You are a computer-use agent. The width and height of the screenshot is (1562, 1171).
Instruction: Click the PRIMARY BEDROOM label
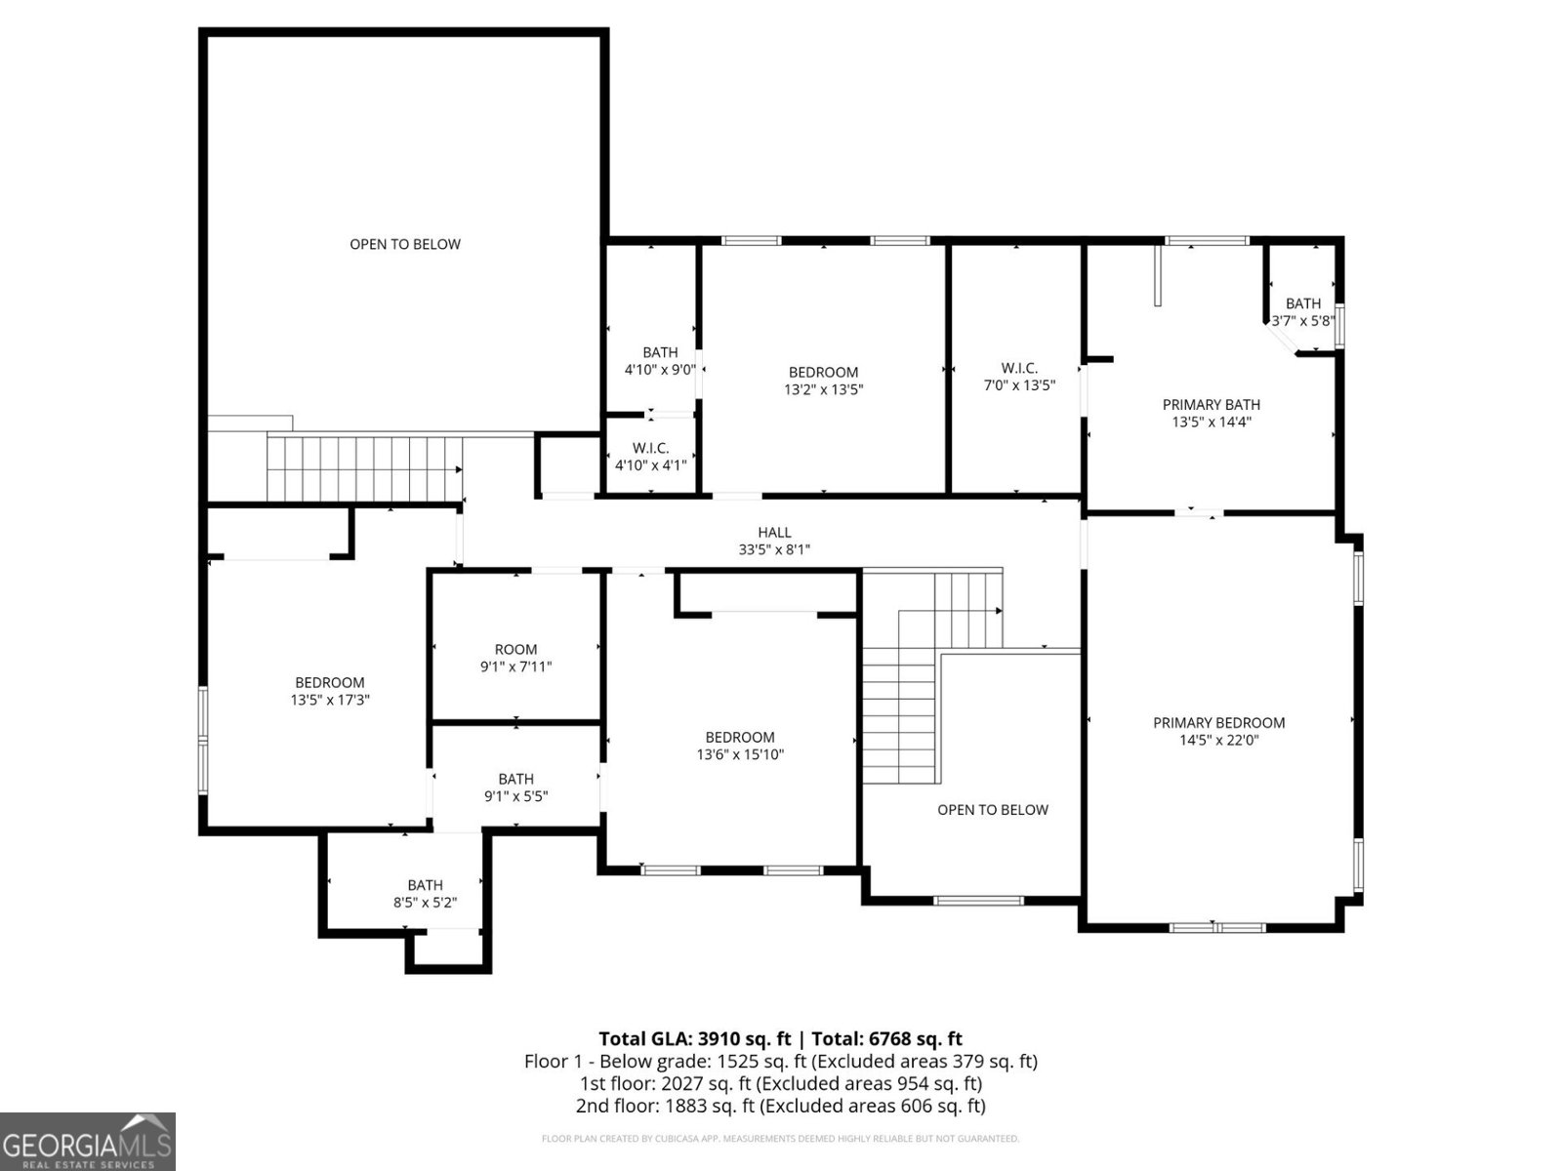tap(1218, 723)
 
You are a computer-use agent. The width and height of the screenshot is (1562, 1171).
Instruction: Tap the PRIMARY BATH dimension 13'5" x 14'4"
tap(1212, 423)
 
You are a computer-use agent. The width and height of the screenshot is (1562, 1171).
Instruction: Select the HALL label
tap(774, 533)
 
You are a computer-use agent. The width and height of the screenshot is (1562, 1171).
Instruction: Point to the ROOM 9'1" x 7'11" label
tap(515, 659)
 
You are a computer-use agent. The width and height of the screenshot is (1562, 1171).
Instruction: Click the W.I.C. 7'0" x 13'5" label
tap(1018, 377)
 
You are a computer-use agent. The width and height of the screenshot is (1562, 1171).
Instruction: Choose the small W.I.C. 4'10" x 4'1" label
tap(650, 457)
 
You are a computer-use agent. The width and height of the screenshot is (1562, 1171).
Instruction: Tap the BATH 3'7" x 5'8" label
tap(1302, 311)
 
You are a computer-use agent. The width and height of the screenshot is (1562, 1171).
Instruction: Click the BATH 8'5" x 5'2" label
tap(425, 894)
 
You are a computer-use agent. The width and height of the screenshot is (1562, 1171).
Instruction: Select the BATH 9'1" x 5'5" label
tap(515, 787)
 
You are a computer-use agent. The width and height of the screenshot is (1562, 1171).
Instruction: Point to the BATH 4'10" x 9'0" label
tap(660, 361)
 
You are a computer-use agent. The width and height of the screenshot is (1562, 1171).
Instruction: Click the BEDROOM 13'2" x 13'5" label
tap(823, 381)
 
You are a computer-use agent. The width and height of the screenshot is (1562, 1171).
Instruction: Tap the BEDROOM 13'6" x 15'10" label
tap(740, 746)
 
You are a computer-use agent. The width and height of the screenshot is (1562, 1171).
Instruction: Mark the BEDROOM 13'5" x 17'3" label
tap(330, 691)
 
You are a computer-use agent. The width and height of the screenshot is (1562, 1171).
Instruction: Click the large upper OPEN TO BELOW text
tap(405, 244)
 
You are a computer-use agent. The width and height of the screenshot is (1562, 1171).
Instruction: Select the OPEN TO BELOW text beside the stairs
tap(992, 810)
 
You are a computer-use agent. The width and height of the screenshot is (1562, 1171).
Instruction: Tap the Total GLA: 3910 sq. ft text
tap(694, 1038)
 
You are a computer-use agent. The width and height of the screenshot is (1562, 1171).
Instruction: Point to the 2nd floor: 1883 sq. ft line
tap(780, 1106)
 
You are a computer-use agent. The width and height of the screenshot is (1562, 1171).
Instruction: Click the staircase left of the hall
tap(364, 468)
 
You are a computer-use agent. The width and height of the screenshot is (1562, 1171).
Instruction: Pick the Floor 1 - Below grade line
tap(780, 1061)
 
